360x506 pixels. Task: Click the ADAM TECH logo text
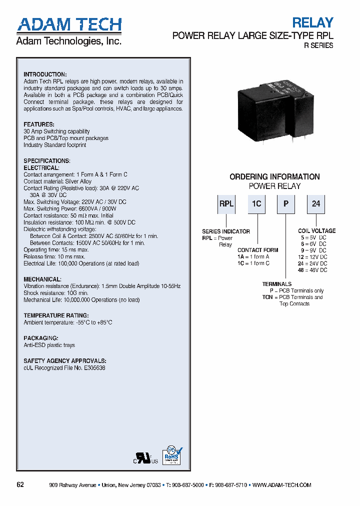click(69, 25)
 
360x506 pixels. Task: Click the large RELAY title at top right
click(312, 22)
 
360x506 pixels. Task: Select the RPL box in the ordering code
click(226, 204)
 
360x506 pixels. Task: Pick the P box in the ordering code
click(285, 204)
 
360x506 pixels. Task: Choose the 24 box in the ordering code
click(316, 204)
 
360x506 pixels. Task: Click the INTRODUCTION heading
click(45, 74)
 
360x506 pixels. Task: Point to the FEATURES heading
click(39, 124)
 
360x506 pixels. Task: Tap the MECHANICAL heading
click(42, 279)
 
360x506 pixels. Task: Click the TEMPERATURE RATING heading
click(56, 315)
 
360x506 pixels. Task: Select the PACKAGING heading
click(41, 338)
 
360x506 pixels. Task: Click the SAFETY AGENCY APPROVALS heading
click(65, 360)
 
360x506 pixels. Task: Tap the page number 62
click(20, 485)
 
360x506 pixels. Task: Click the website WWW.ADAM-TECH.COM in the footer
click(282, 485)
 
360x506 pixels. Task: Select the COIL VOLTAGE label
click(317, 231)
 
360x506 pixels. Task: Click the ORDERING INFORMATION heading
click(274, 176)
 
